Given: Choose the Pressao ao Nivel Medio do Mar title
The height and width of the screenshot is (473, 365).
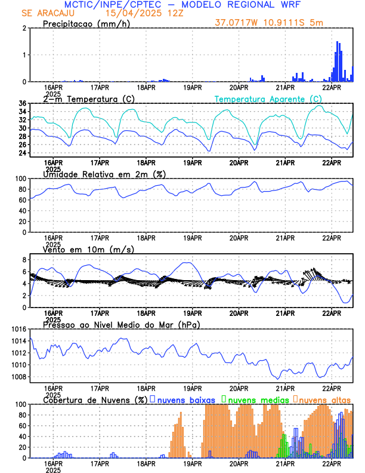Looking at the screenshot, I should pyautogui.click(x=121, y=324).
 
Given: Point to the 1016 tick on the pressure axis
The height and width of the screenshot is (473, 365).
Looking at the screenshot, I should pyautogui.click(x=17, y=329).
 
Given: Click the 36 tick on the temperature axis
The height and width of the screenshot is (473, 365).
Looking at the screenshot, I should pyautogui.click(x=22, y=103).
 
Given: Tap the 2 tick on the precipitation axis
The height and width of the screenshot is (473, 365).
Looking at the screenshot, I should pyautogui.click(x=24, y=29).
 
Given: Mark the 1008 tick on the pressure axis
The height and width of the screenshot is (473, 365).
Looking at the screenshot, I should pyautogui.click(x=17, y=377).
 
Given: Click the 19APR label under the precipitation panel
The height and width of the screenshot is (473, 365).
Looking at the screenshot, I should pyautogui.click(x=192, y=88).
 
